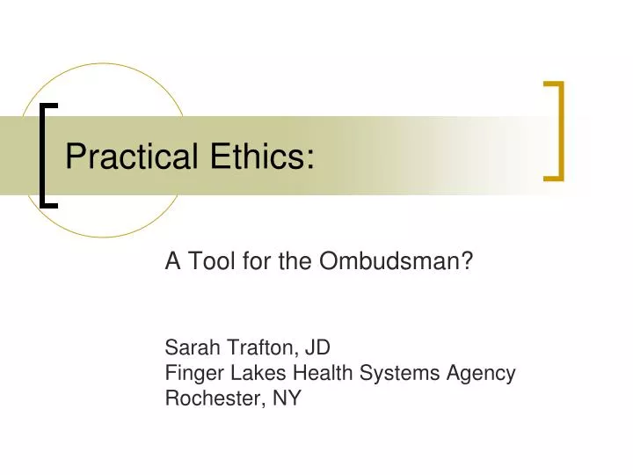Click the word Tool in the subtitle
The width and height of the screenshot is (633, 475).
(205, 261)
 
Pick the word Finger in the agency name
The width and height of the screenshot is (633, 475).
(191, 373)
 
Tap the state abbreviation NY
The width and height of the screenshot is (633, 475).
(287, 398)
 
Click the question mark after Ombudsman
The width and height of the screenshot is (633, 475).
(468, 261)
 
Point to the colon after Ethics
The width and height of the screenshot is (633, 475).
(310, 159)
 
